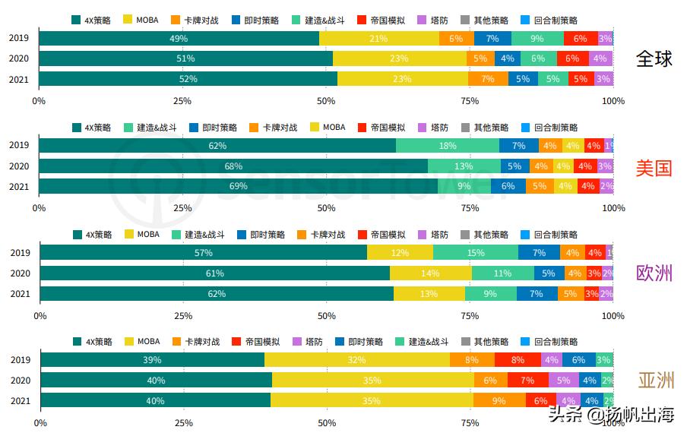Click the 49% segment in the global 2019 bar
point(179,38)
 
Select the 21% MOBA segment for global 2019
point(378,38)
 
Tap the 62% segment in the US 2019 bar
point(217,146)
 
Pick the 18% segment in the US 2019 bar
point(448,146)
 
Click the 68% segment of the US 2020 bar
point(233,166)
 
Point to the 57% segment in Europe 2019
point(204,253)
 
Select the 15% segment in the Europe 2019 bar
point(476,253)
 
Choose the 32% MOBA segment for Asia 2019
point(357,360)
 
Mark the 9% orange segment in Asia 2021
point(499,400)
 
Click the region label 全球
point(654,58)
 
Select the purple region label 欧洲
point(654,273)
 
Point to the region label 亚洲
point(655,380)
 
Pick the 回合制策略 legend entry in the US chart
point(549,128)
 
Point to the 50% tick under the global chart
point(326,100)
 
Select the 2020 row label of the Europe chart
point(19,273)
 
